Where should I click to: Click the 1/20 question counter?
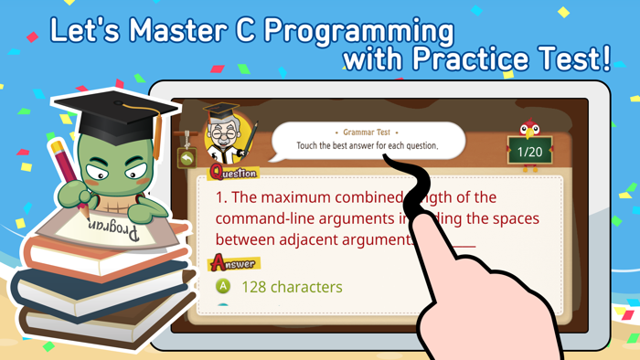530,152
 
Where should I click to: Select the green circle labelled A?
223,286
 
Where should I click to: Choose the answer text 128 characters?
292,286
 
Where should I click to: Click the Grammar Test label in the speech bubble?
367,132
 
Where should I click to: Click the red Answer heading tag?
233,263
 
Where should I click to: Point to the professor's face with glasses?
222,138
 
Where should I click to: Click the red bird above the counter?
528,127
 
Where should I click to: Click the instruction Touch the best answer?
367,146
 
